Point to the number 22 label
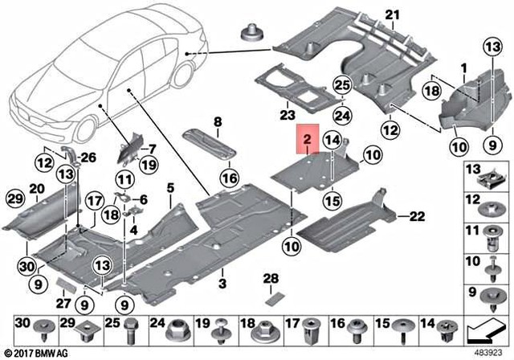click(x=414, y=215)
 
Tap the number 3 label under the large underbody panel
click(x=222, y=284)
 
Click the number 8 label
click(x=170, y=188)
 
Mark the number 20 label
click(x=35, y=188)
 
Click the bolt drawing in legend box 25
click(x=133, y=329)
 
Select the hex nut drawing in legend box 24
click(x=177, y=329)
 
